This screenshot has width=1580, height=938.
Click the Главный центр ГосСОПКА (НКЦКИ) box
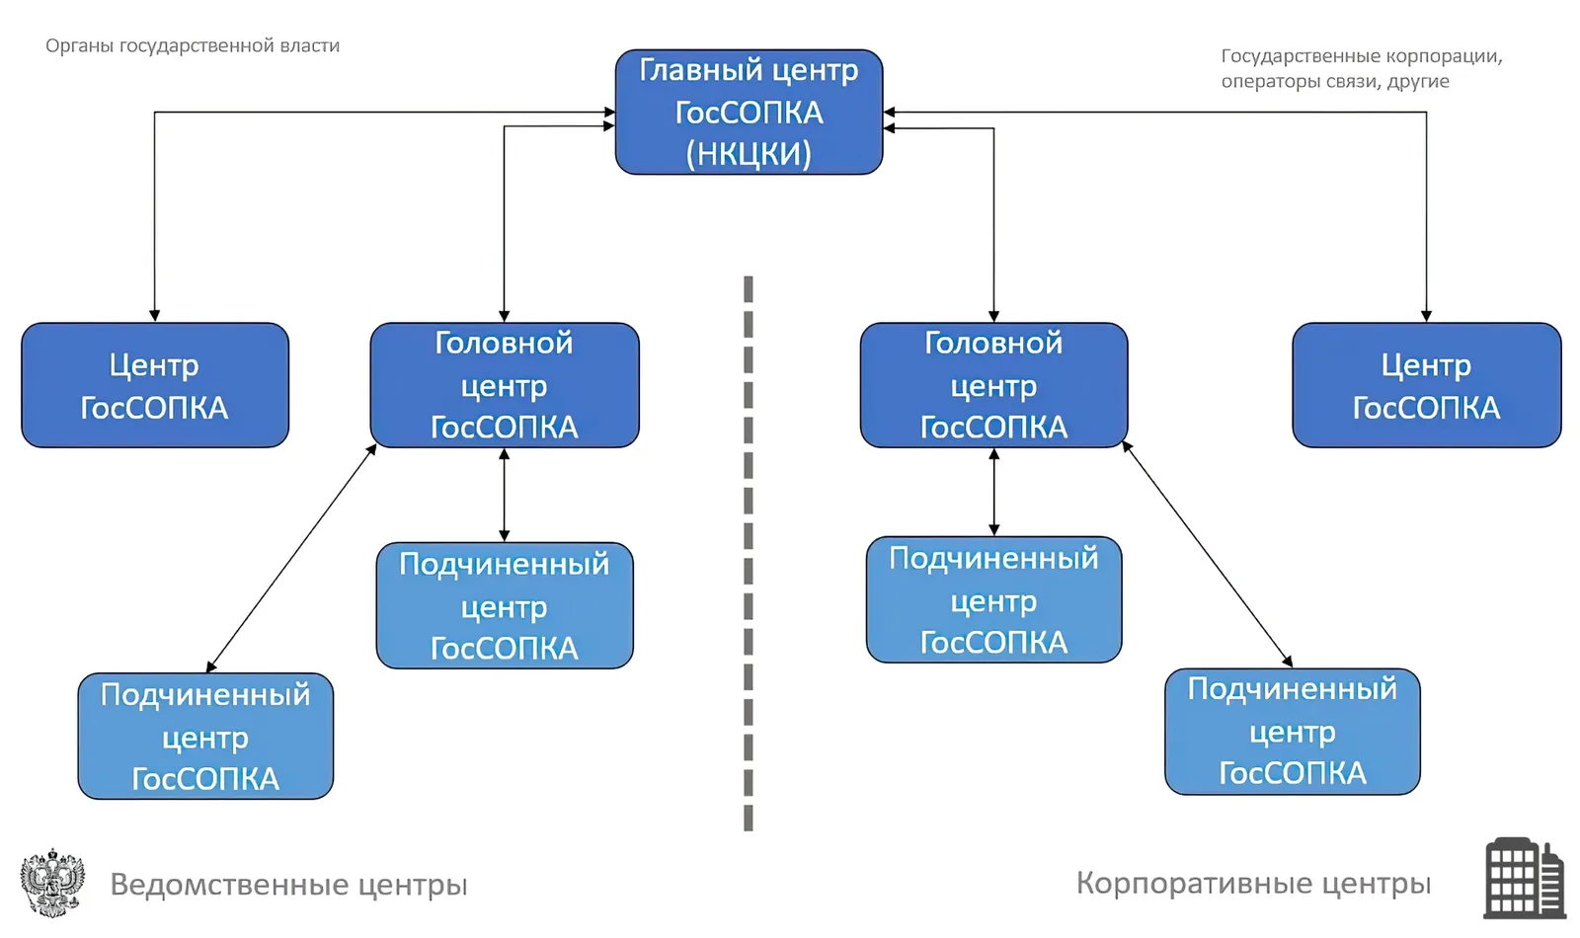[750, 112]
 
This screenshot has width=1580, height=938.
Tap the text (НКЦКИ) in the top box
[750, 154]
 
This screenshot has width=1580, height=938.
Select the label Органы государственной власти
[193, 45]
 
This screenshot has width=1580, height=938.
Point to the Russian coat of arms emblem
[52, 883]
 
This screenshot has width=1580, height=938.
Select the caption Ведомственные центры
[288, 885]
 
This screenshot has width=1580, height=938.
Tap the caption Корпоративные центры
[1253, 883]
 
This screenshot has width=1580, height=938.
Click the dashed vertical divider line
[749, 554]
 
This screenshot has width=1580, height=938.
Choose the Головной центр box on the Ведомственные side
[505, 385]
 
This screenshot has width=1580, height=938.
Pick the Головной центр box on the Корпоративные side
[993, 385]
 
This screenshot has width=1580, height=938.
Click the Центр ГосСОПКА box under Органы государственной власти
[155, 385]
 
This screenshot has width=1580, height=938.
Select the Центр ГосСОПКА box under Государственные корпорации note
[1426, 385]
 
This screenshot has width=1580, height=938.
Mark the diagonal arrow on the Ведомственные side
[291, 558]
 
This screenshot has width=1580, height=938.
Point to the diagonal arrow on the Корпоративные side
[1207, 554]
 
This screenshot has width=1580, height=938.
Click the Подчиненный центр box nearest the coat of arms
[205, 737]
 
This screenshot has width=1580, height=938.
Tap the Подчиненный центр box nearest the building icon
[1293, 732]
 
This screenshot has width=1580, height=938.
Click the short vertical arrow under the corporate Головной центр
[993, 492]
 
